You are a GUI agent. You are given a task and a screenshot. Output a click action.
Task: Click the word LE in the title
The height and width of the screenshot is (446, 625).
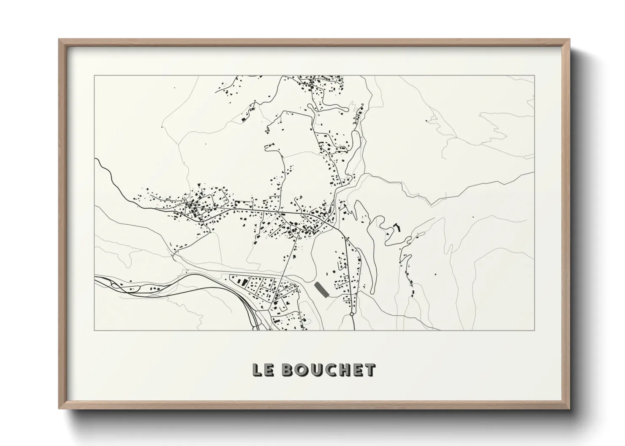[263, 370]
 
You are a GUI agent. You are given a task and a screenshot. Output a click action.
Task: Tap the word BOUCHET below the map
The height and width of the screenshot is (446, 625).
[328, 370]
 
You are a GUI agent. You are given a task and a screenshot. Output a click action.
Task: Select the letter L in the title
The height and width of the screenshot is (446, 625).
[257, 370]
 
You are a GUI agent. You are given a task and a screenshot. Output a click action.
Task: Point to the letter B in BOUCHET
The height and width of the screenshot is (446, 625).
[288, 370]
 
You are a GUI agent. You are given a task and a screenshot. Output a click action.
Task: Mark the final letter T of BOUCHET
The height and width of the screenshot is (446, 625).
[369, 370]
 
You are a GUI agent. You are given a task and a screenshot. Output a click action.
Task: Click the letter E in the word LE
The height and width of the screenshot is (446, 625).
[269, 370]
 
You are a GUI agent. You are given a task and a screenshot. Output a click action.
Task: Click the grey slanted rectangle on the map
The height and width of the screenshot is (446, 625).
[322, 290]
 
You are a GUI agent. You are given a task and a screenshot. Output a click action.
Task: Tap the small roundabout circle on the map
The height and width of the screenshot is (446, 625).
[352, 314]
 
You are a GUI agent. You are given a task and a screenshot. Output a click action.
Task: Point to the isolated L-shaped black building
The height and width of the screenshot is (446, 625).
[397, 228]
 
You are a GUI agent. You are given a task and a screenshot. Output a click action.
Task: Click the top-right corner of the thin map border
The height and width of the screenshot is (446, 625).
[535, 75]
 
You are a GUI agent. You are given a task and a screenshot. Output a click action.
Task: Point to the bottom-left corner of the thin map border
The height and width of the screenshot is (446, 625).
[94, 330]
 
